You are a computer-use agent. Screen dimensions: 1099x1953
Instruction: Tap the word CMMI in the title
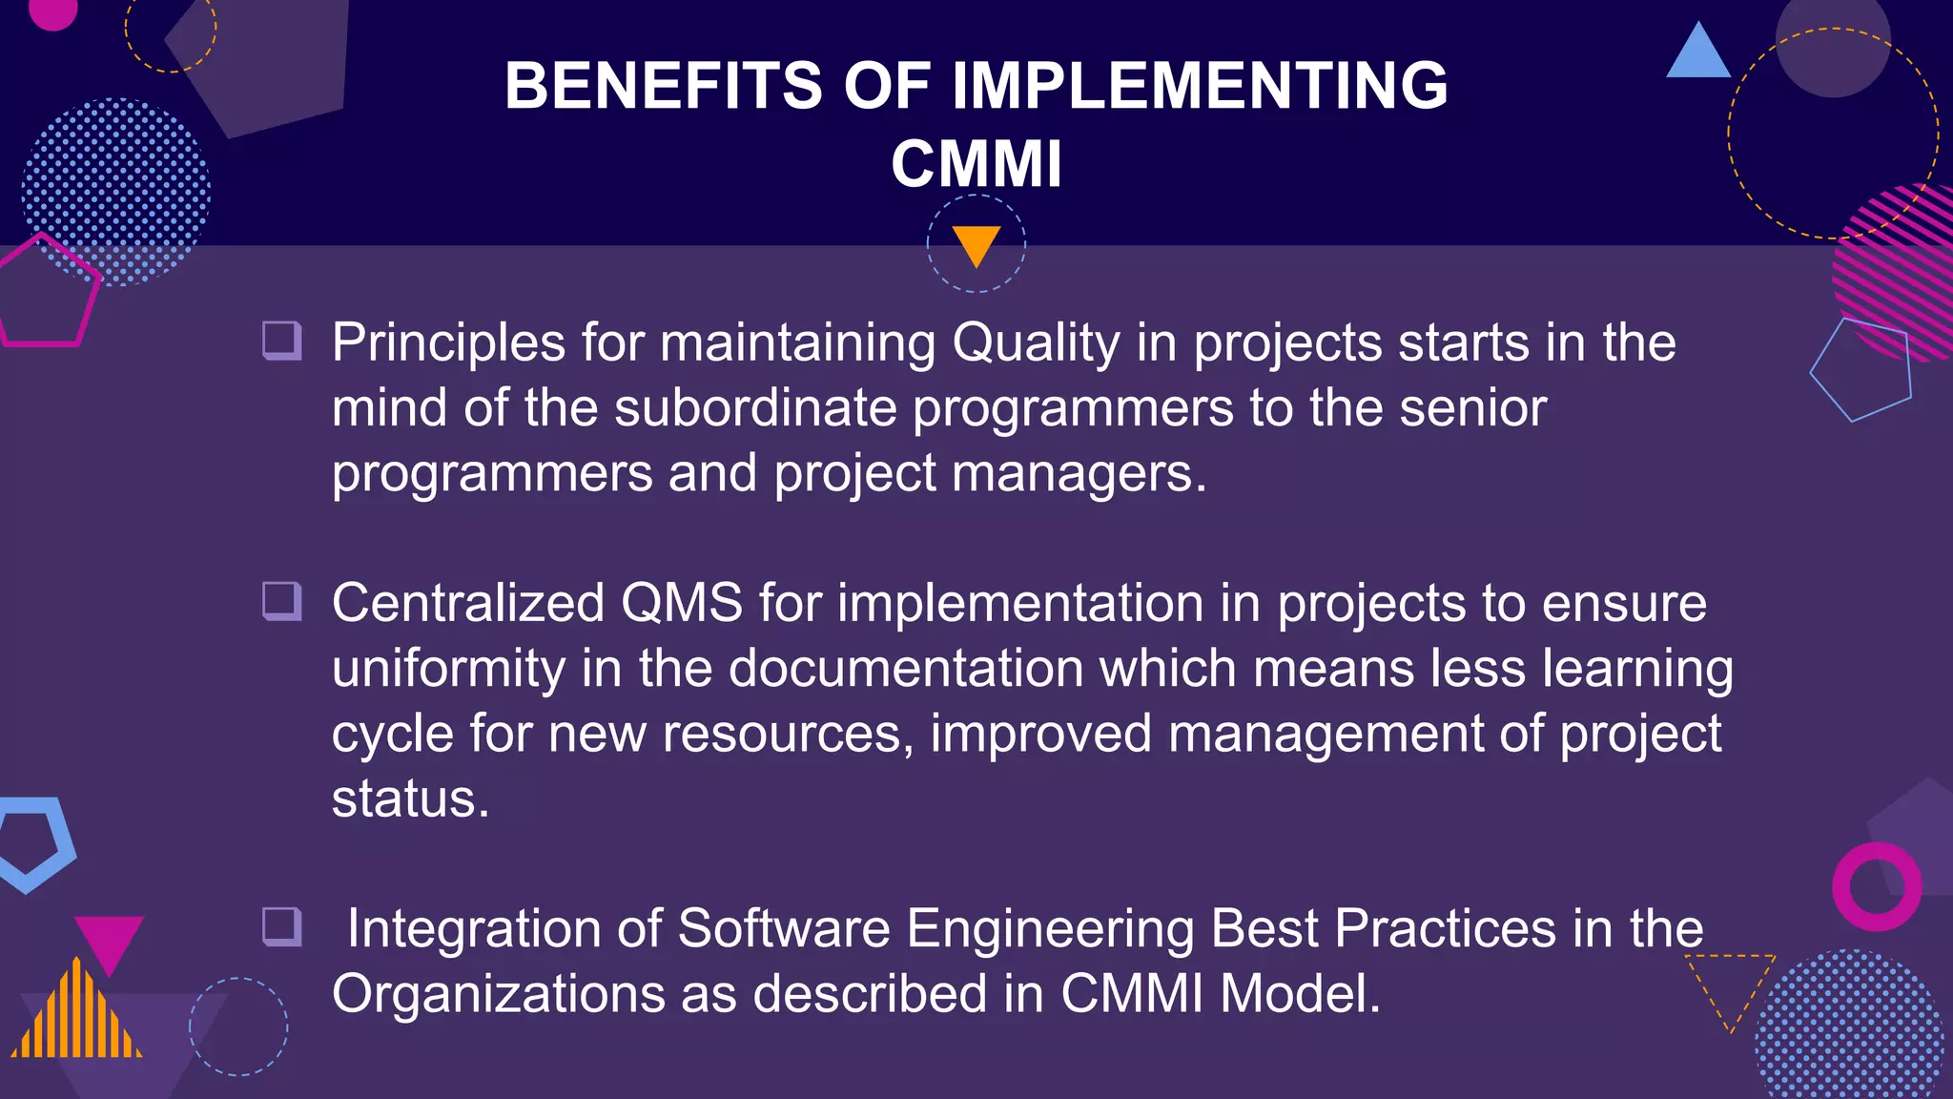click(976, 164)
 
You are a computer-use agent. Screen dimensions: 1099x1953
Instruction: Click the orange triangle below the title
click(976, 244)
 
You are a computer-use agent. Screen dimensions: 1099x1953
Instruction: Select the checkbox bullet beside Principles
click(282, 341)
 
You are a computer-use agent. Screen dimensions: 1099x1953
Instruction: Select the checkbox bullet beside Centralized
click(282, 601)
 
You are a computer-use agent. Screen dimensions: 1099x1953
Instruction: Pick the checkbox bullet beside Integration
click(282, 926)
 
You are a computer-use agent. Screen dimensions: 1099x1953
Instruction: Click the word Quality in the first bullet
click(1036, 343)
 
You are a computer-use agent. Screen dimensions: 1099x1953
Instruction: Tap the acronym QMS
click(681, 604)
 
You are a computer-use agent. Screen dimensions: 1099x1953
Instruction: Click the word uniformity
click(448, 669)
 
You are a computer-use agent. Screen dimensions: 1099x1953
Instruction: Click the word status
click(410, 798)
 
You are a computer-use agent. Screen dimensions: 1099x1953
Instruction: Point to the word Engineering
click(1050, 929)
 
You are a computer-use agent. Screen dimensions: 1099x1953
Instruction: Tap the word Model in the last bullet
click(1299, 994)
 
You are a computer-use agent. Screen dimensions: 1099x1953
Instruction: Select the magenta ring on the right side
click(1876, 886)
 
